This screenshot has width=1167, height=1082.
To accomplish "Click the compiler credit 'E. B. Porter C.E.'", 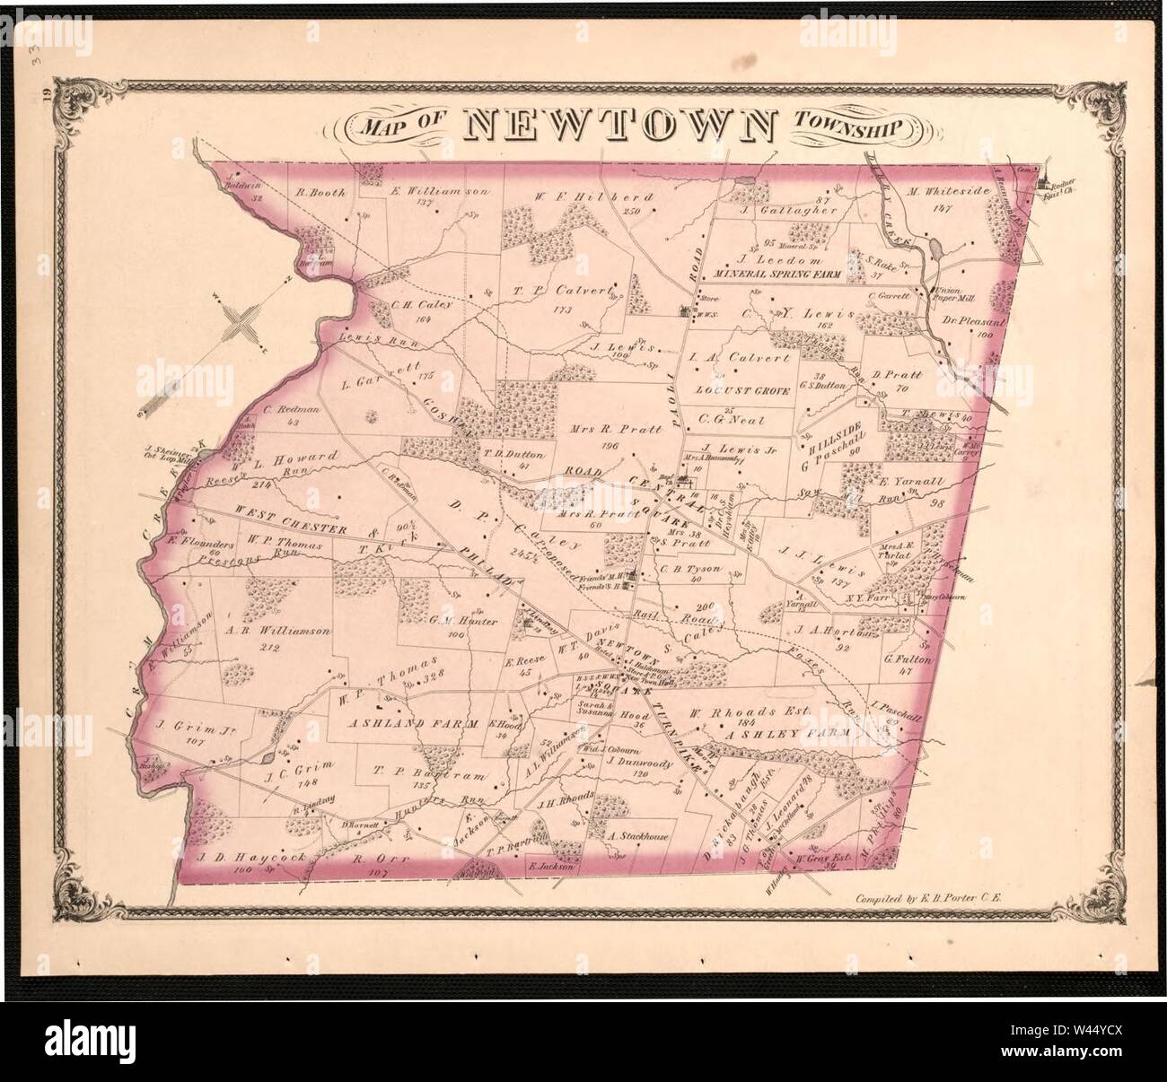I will [x=932, y=896].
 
